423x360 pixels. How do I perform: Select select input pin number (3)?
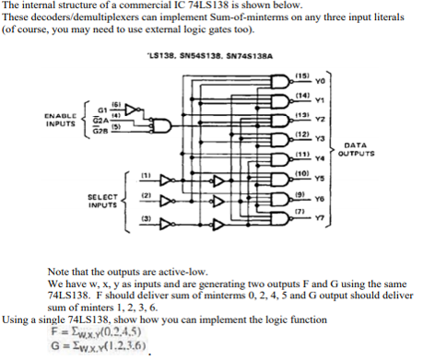[x=145, y=217]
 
